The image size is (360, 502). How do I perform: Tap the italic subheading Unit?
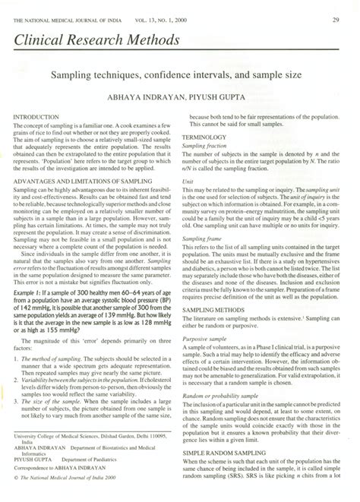tap(198, 182)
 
